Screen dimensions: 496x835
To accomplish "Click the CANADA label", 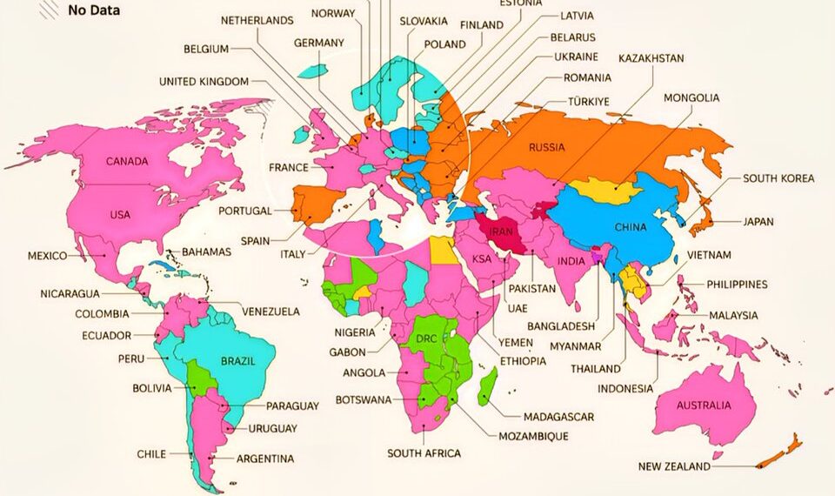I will [x=127, y=161].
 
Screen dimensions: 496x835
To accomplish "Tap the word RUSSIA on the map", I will [x=547, y=147].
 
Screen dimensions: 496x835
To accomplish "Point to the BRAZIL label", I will [x=237, y=361].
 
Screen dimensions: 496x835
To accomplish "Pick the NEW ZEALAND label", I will [x=674, y=466].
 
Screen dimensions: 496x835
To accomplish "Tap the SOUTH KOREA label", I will [x=778, y=178].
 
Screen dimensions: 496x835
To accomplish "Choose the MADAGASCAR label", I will [x=558, y=417].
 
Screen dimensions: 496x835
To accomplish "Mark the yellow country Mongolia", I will [x=606, y=190].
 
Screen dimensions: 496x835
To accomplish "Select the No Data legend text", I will [x=94, y=11].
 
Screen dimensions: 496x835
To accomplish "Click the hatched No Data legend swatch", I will [x=50, y=9].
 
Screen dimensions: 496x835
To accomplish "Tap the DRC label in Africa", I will [x=426, y=338].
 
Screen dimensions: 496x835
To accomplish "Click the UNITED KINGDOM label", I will [x=204, y=82].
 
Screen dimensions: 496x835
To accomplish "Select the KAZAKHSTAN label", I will [x=651, y=58].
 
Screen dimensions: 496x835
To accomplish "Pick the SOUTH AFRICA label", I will [x=424, y=453].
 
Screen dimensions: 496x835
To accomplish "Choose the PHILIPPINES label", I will [x=737, y=285].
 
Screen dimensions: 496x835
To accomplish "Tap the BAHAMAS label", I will [x=206, y=252].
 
